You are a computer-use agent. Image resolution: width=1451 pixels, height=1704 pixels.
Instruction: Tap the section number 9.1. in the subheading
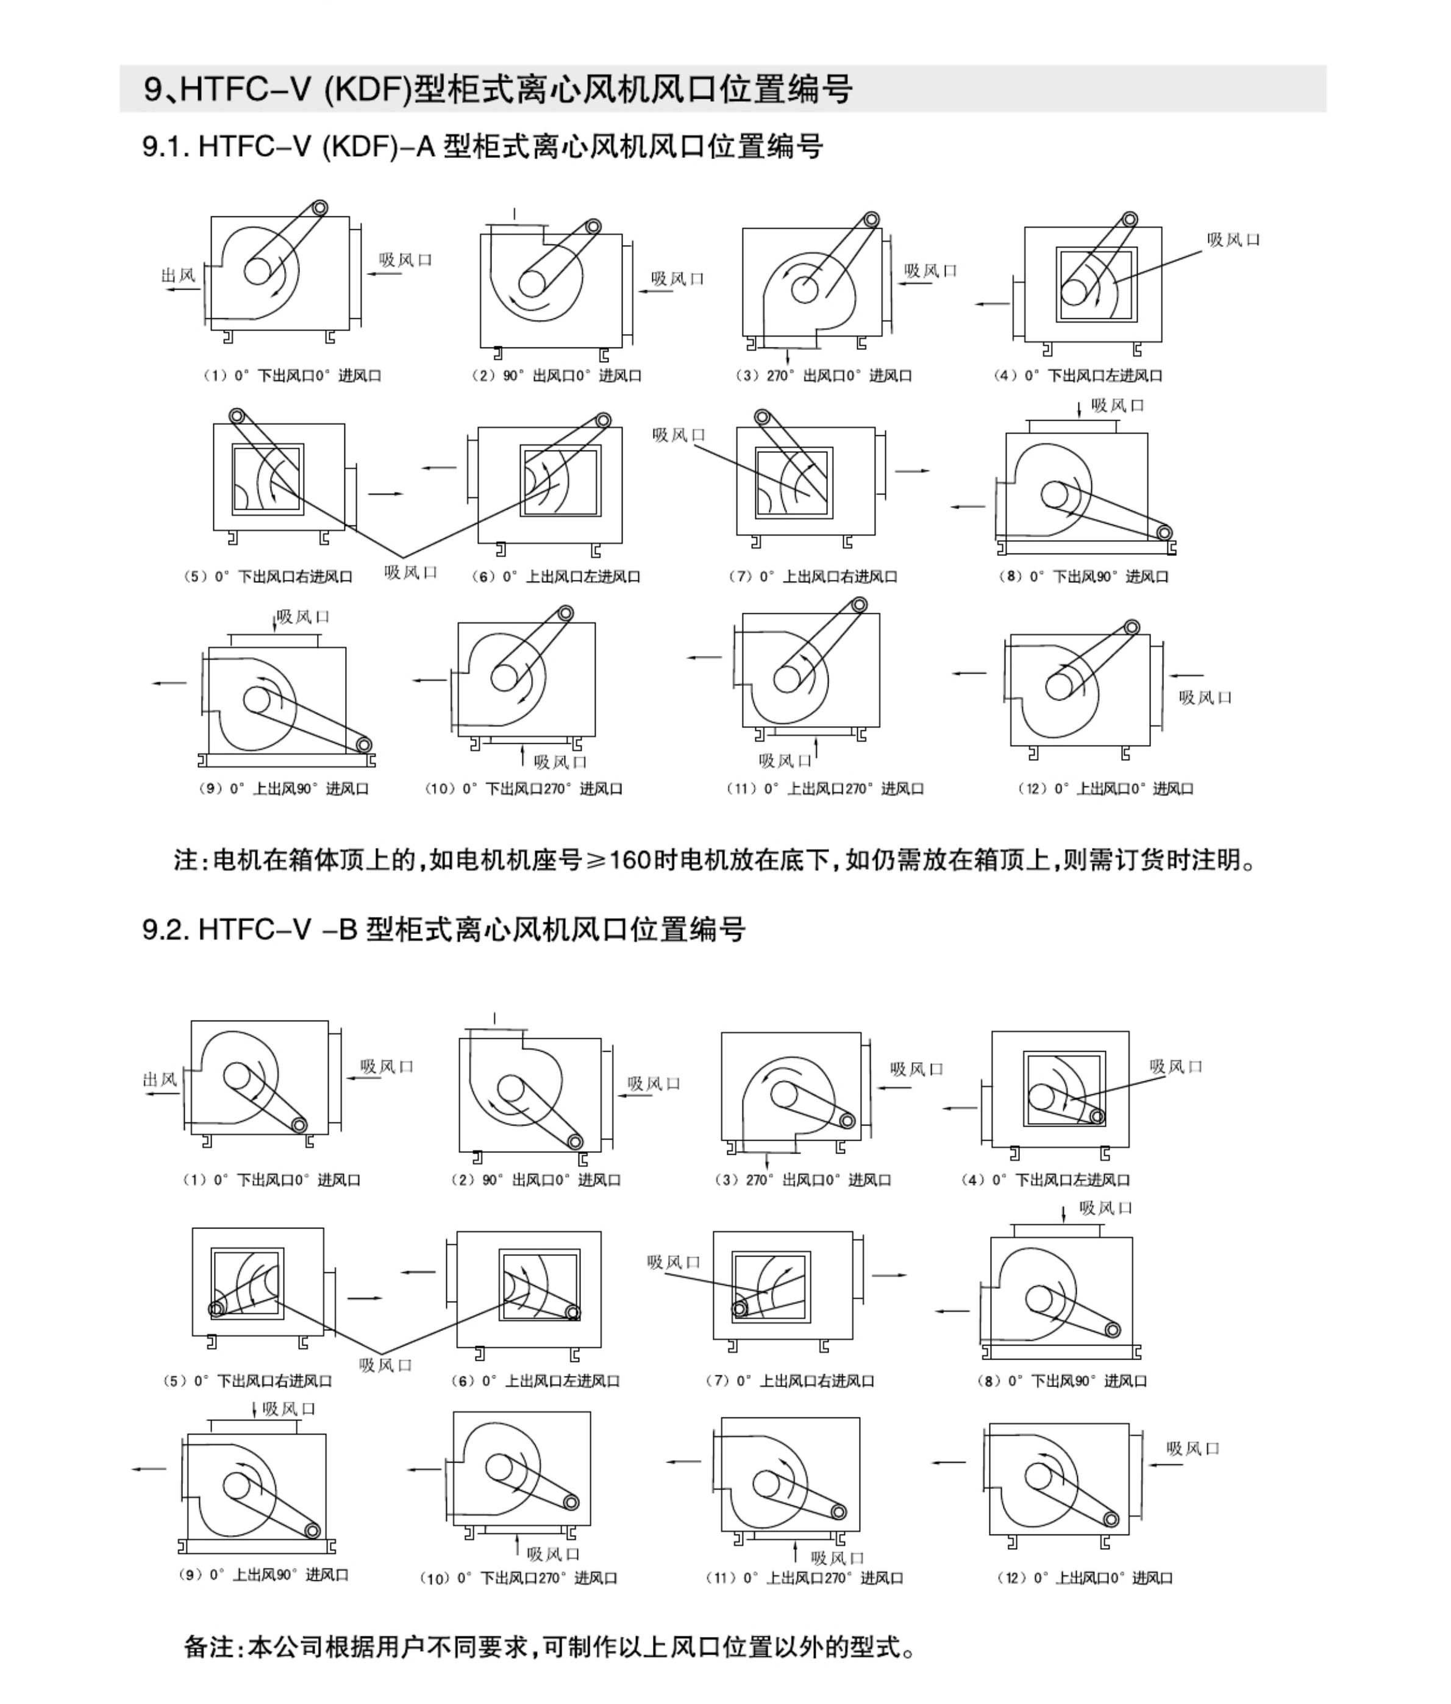tap(167, 147)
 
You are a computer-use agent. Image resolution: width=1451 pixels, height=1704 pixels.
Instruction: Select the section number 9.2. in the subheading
tap(167, 929)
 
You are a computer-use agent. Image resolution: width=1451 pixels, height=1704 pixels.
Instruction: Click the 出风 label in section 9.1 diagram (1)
tap(179, 275)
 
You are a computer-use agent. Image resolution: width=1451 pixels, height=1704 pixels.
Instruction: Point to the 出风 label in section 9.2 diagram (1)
tap(160, 1079)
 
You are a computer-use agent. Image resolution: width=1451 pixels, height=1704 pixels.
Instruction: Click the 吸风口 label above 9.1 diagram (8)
tap(1117, 405)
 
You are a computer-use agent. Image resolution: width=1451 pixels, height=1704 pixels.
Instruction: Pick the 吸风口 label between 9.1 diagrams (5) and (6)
tap(410, 572)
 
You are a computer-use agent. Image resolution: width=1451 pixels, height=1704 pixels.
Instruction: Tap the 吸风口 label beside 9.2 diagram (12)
tap(1193, 1448)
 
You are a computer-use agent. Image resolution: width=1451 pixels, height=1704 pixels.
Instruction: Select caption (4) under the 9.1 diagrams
tap(1077, 376)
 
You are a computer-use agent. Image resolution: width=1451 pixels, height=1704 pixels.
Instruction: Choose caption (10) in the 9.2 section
tap(518, 1578)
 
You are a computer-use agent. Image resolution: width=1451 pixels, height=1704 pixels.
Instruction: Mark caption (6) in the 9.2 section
tap(535, 1381)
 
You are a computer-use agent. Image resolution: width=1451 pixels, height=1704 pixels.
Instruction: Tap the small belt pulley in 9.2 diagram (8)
tap(1112, 1330)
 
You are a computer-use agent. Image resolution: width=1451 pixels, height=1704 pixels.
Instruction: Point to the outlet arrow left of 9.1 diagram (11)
tap(704, 657)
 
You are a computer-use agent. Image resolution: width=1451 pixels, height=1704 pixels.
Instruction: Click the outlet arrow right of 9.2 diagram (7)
tap(889, 1275)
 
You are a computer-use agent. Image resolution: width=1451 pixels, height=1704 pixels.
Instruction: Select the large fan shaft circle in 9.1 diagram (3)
tap(805, 290)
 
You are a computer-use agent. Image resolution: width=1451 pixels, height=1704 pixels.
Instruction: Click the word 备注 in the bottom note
tap(209, 1647)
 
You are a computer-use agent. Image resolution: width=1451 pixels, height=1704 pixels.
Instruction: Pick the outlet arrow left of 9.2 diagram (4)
tap(959, 1108)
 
